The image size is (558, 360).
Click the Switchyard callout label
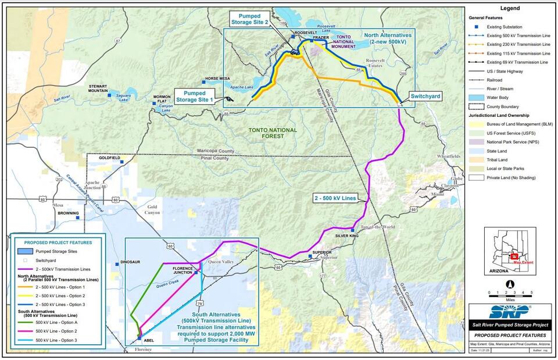click(425, 96)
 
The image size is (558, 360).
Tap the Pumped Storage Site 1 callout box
click(198, 96)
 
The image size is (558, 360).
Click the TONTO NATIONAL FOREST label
click(272, 133)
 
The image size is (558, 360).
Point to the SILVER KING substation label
click(347, 236)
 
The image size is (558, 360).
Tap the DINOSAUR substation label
click(130, 262)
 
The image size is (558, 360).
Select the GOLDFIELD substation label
click(109, 158)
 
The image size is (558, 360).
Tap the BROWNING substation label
click(68, 213)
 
